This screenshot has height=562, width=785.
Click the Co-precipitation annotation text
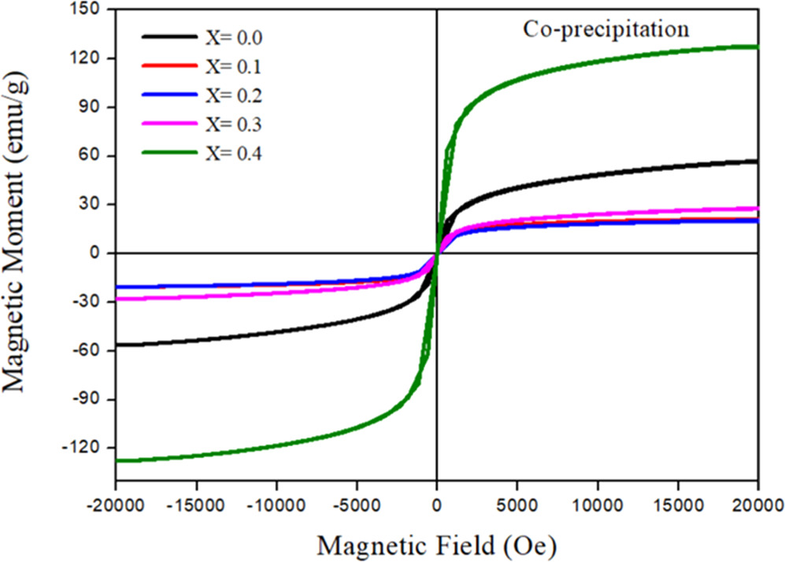pos(606,30)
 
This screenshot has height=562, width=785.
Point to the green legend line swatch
pos(168,153)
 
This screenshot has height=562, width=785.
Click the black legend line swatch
pos(168,36)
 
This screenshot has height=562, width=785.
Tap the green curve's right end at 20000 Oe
pos(757,47)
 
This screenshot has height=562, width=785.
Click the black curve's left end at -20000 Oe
pos(117,345)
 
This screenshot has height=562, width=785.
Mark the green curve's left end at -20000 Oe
pos(117,460)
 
